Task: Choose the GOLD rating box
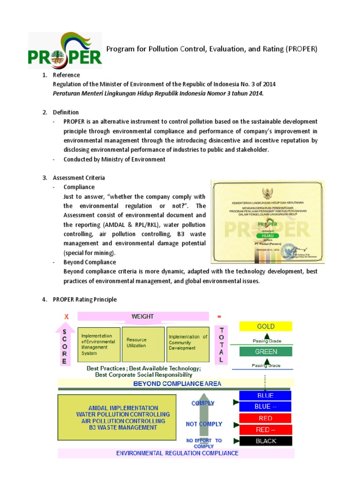265,326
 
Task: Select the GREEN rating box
265,352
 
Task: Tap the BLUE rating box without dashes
265,395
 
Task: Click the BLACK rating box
265,441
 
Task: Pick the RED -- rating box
265,429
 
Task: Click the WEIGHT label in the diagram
142,316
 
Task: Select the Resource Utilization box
142,344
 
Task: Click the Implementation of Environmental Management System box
98,345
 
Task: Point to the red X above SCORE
66,317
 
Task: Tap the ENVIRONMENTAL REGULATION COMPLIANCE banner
177,453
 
